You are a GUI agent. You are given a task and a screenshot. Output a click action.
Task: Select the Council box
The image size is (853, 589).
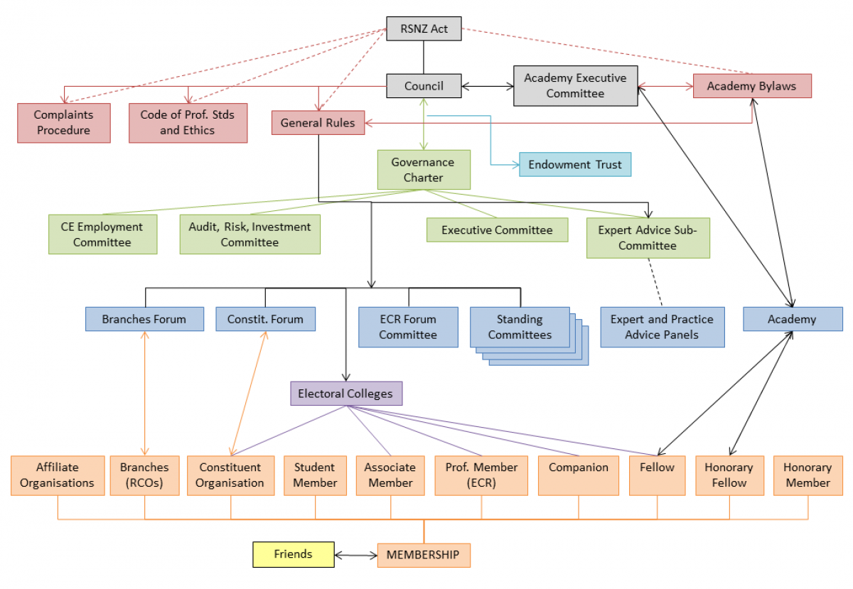click(424, 86)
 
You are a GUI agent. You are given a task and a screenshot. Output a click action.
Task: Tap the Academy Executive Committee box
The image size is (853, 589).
click(575, 86)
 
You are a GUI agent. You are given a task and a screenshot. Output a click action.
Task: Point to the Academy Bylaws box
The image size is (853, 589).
click(752, 87)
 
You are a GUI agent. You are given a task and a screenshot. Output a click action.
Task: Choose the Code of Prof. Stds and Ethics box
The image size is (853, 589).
click(188, 122)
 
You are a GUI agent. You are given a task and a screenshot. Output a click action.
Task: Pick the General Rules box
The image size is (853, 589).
click(318, 123)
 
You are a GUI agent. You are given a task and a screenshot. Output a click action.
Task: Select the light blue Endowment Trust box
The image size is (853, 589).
click(574, 165)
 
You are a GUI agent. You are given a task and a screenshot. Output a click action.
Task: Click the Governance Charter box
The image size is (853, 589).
click(423, 170)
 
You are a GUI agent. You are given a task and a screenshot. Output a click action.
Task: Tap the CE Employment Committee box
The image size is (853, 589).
click(102, 234)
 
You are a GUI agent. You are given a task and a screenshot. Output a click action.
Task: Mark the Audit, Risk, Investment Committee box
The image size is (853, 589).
click(250, 234)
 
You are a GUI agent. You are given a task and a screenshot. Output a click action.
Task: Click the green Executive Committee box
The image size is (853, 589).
click(497, 229)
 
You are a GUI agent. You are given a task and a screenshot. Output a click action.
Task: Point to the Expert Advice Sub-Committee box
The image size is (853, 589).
click(648, 238)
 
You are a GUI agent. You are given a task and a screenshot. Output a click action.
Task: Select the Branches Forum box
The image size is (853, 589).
click(144, 319)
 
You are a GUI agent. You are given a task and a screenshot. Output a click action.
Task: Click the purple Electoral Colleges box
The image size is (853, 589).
click(346, 394)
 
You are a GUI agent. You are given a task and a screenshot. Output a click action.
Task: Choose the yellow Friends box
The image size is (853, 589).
click(293, 554)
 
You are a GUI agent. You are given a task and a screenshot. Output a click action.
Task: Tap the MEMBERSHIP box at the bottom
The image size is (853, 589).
click(423, 554)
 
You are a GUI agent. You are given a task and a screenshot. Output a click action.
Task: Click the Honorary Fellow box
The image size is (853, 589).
click(729, 475)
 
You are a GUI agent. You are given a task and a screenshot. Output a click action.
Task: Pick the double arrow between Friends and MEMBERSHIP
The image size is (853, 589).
click(355, 554)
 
